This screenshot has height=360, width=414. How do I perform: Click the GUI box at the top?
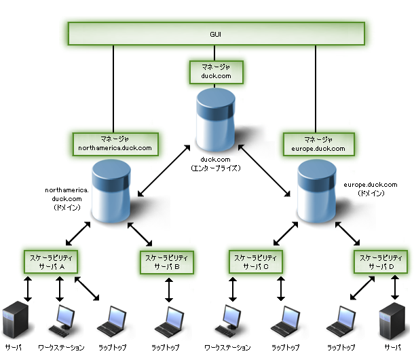pyautogui.click(x=216, y=34)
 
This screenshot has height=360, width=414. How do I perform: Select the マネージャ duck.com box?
pyautogui.click(x=215, y=72)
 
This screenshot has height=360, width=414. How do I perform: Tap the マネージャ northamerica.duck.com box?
pyautogui.click(x=115, y=143)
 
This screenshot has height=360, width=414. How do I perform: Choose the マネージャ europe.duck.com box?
pyautogui.click(x=316, y=143)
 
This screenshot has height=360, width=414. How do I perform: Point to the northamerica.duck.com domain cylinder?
pyautogui.click(x=111, y=191)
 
